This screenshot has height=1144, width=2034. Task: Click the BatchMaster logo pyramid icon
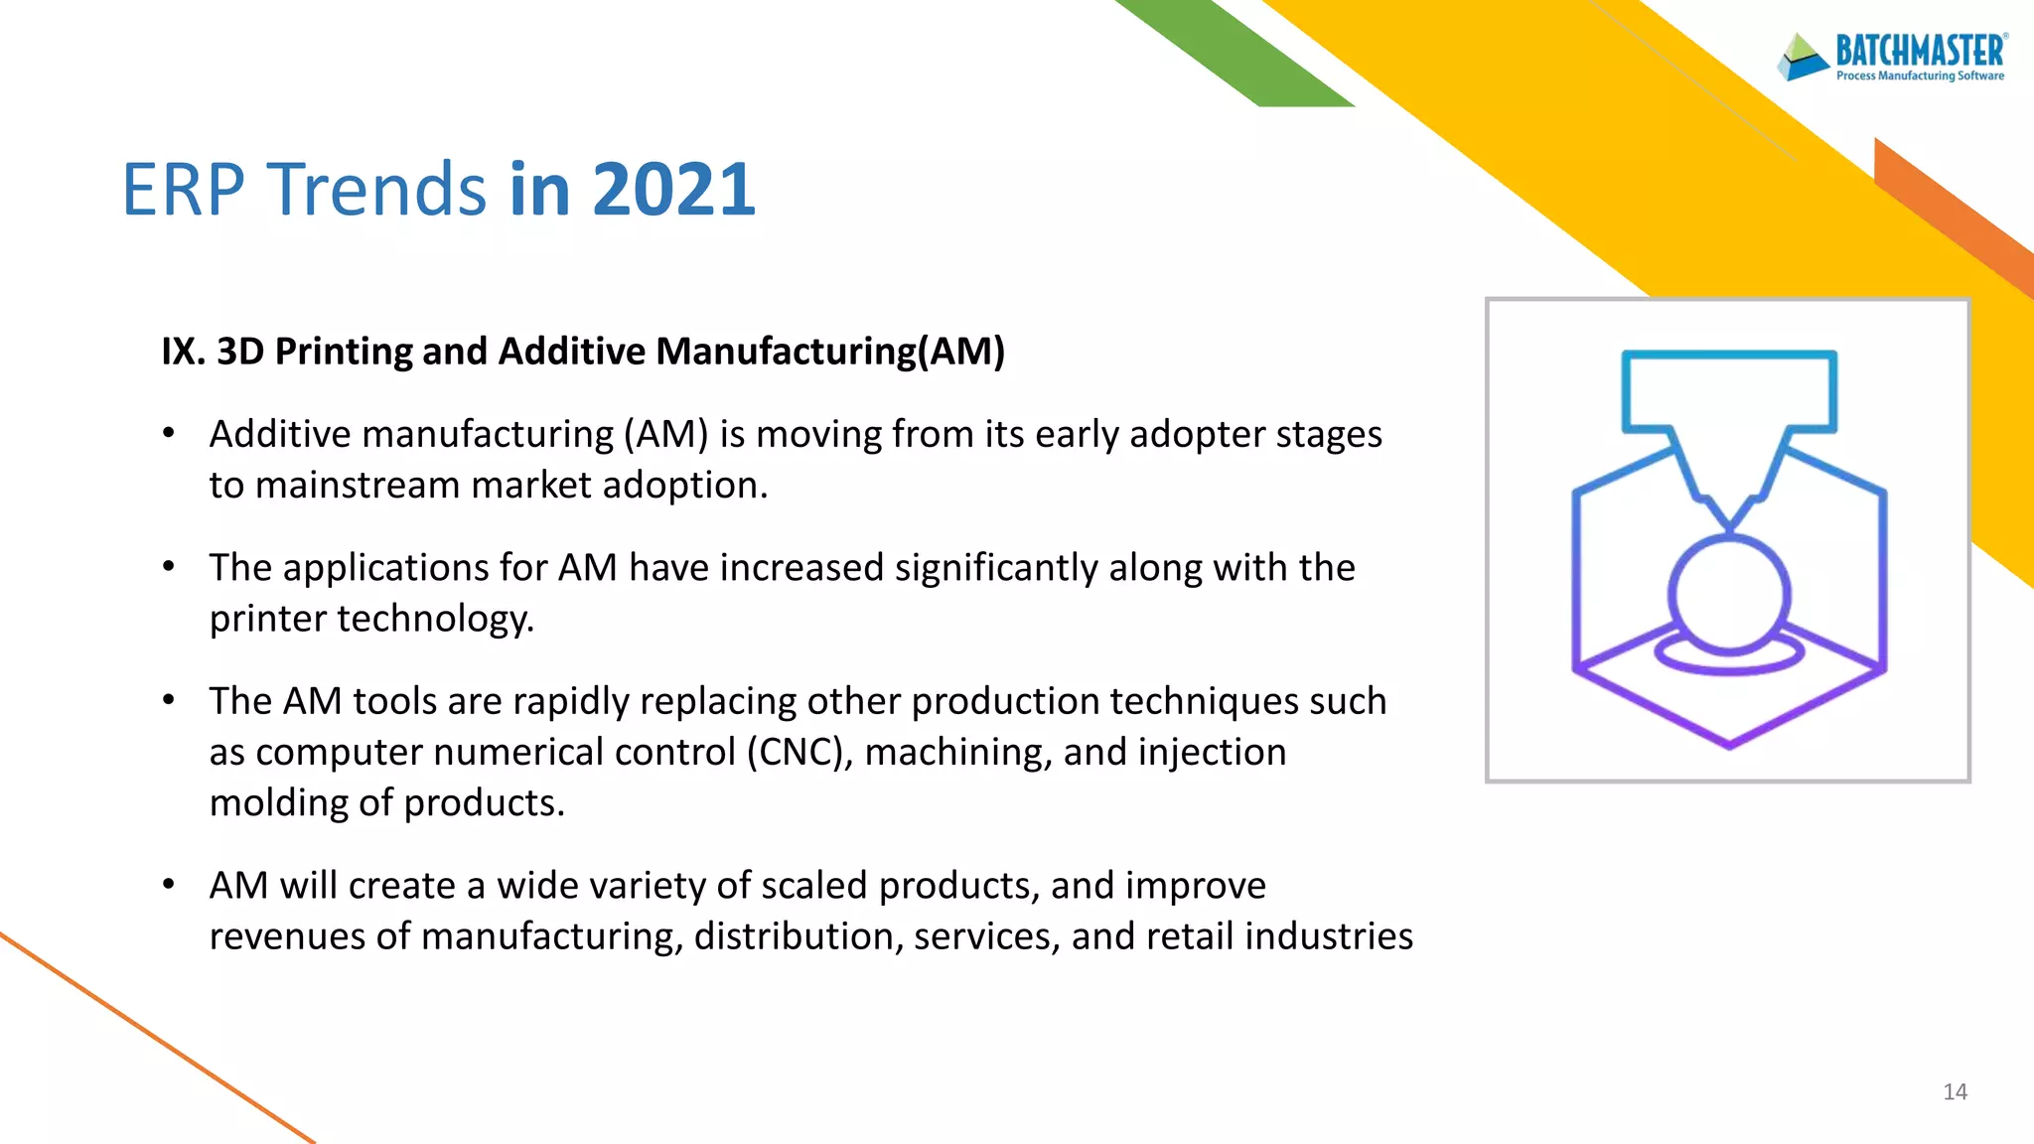1803,57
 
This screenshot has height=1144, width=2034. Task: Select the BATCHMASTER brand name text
1920,50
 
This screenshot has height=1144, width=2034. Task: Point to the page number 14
1955,1092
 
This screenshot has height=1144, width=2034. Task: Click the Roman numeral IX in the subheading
182,352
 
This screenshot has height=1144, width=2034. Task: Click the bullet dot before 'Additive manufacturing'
169,433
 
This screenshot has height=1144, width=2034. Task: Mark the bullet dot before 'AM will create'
169,884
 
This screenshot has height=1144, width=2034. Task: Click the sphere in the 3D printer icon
1728,594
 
